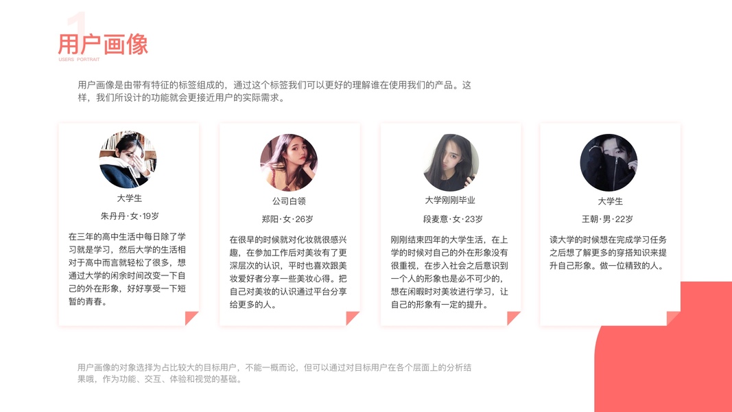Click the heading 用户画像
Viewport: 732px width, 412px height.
click(103, 45)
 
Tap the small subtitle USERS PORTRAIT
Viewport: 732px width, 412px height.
click(79, 60)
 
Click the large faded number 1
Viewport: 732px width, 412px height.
click(78, 27)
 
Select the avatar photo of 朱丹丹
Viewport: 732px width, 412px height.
click(128, 160)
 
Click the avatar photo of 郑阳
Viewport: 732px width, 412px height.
click(289, 163)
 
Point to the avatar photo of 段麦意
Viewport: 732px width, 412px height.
click(450, 163)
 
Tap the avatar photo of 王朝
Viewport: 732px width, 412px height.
click(609, 163)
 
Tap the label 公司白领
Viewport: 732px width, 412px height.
click(289, 201)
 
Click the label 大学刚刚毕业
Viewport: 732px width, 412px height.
click(450, 201)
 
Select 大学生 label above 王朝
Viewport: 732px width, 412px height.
click(610, 201)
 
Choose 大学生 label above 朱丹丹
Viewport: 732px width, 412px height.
click(129, 198)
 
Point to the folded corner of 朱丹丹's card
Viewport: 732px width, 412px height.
click(191, 318)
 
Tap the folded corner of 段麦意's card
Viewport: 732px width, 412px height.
click(513, 318)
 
